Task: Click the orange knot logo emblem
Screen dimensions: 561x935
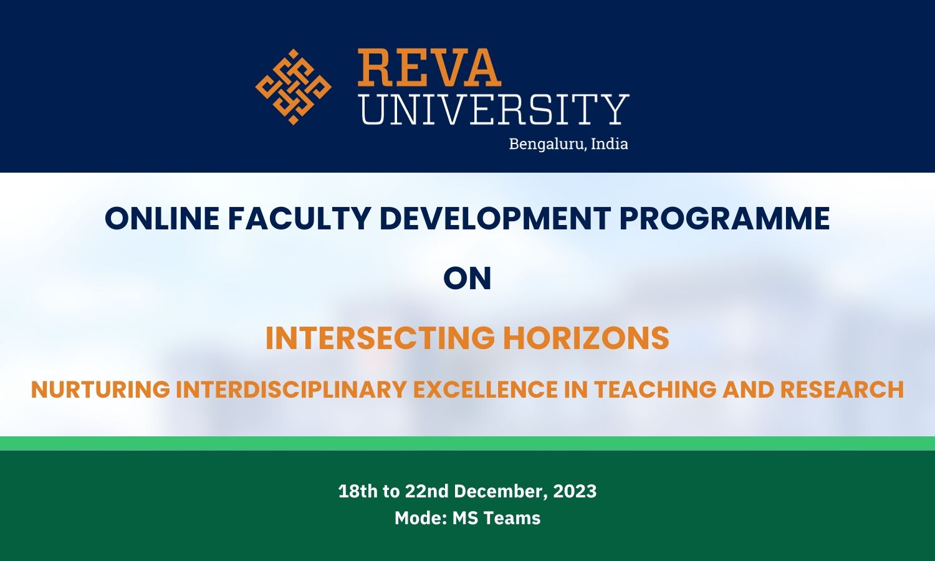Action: pos(293,87)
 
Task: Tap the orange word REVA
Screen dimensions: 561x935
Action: pos(429,68)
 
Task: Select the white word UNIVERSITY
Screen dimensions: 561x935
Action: pos(494,109)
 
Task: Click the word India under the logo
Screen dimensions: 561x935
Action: pos(609,143)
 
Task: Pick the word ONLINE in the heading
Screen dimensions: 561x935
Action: pos(162,219)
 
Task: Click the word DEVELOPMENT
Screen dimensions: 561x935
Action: pos(495,219)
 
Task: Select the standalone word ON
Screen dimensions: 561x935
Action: pos(467,279)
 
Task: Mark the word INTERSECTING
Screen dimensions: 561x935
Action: pos(380,338)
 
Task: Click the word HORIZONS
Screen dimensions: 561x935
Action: pos(586,338)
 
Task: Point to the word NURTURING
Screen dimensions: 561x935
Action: pos(100,390)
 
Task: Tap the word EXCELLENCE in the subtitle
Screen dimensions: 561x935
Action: pos(486,390)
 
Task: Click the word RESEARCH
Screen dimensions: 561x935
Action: pos(841,390)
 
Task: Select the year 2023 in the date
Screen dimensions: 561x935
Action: pos(575,491)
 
